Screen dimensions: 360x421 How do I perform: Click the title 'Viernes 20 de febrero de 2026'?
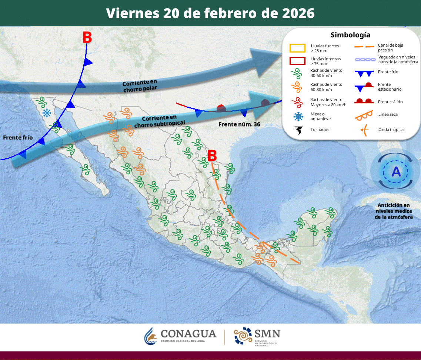click(210, 13)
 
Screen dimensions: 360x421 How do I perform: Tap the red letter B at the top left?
click(87, 37)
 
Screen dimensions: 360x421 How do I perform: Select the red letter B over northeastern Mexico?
click(212, 155)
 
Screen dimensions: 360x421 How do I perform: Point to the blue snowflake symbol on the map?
click(47, 113)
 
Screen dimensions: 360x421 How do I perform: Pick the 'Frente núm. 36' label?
click(239, 124)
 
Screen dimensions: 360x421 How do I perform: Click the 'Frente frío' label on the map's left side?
click(18, 138)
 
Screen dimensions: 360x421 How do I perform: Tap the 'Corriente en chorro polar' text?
click(140, 85)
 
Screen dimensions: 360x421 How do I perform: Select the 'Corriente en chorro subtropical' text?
click(159, 121)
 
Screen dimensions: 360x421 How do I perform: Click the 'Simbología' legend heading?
click(350, 35)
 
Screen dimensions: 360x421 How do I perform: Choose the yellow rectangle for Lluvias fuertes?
click(297, 48)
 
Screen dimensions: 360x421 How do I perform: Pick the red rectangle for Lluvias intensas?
click(297, 61)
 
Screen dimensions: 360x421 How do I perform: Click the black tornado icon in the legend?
click(298, 130)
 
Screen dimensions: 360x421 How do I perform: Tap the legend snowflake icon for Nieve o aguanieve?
click(298, 117)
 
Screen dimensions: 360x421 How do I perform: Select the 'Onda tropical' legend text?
click(391, 129)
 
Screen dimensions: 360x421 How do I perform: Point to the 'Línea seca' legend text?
click(388, 114)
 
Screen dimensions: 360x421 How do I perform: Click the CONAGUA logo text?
click(188, 334)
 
